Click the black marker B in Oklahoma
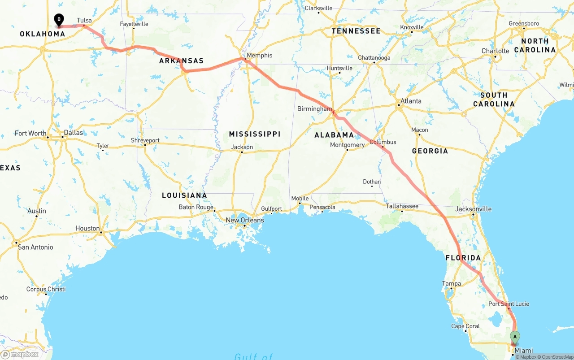click(59, 20)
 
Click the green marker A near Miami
click(515, 337)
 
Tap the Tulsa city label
click(84, 21)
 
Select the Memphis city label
click(259, 56)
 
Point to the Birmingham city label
click(314, 109)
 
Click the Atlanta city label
click(411, 101)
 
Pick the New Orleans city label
click(244, 220)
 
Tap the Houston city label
click(87, 228)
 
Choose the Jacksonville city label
click(473, 209)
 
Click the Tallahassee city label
click(402, 206)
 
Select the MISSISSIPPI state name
click(254, 134)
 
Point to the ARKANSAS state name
click(181, 61)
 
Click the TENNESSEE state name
click(356, 31)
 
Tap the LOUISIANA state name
click(184, 195)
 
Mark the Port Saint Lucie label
click(509, 304)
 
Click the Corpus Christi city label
click(46, 289)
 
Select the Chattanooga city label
click(374, 58)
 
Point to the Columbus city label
click(383, 142)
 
